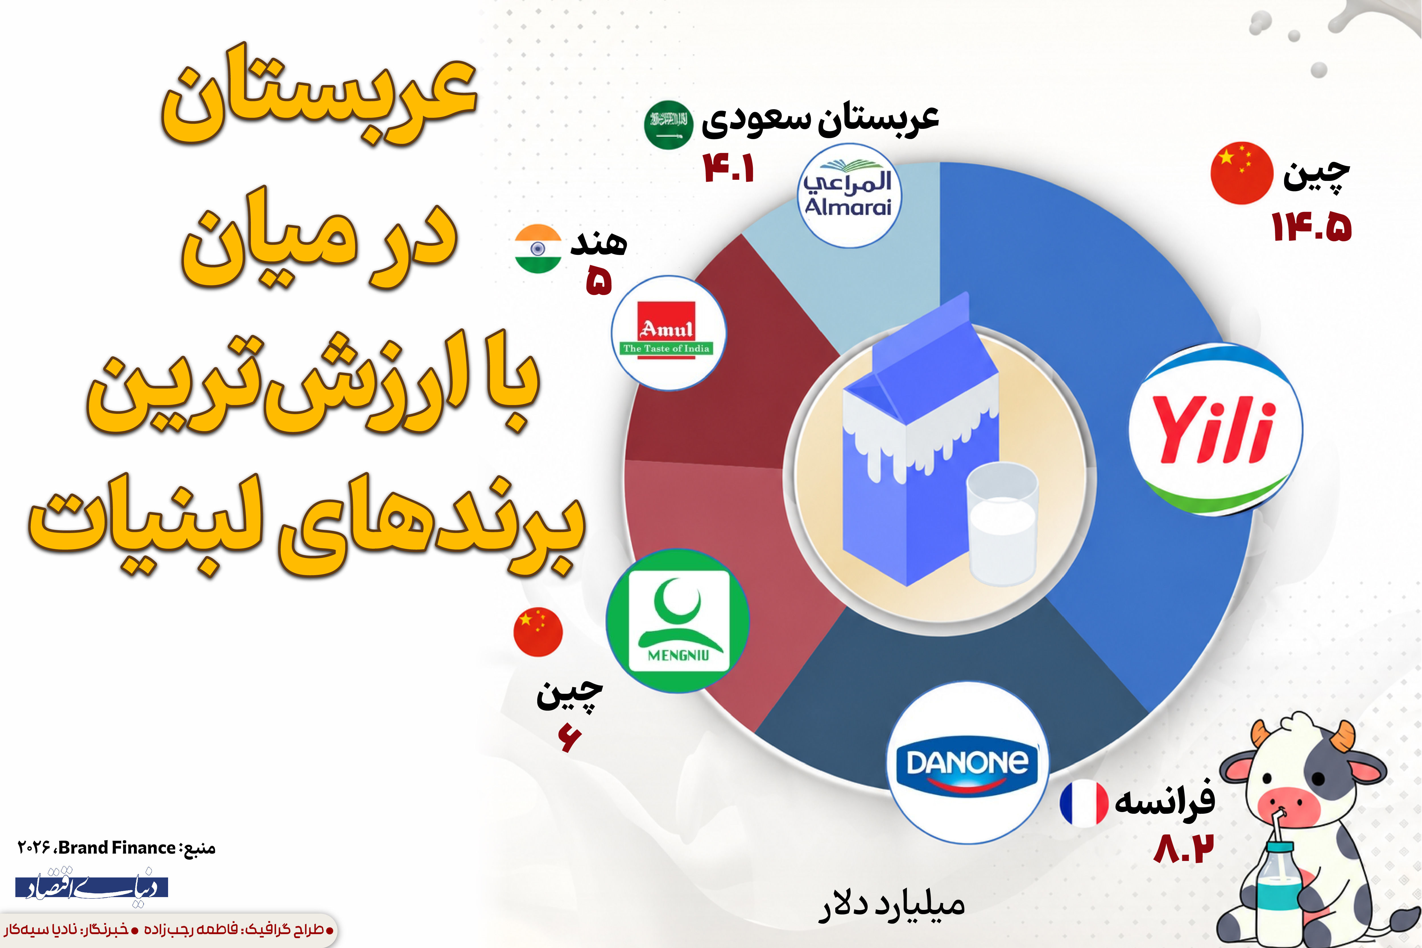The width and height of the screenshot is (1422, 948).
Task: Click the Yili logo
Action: [x=1215, y=429]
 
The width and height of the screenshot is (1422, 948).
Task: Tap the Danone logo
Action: [x=967, y=762]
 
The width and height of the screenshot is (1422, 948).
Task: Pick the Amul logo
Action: [x=668, y=333]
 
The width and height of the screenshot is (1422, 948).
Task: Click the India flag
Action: [x=538, y=249]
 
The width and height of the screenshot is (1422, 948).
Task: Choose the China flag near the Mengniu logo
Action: [x=538, y=632]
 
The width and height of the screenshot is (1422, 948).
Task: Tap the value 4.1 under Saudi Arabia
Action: [x=729, y=168]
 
